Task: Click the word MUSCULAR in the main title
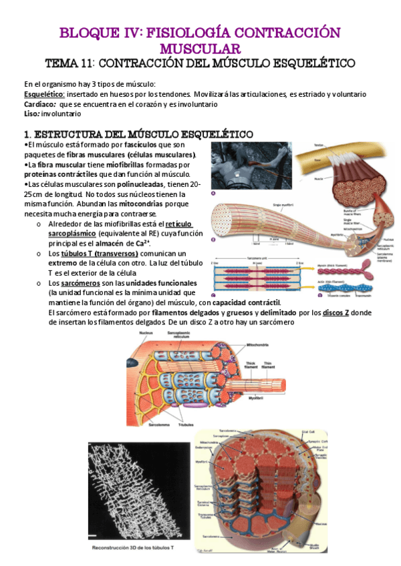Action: (200, 47)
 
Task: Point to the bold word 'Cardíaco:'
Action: (40, 104)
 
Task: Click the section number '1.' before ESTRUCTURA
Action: (29, 133)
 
